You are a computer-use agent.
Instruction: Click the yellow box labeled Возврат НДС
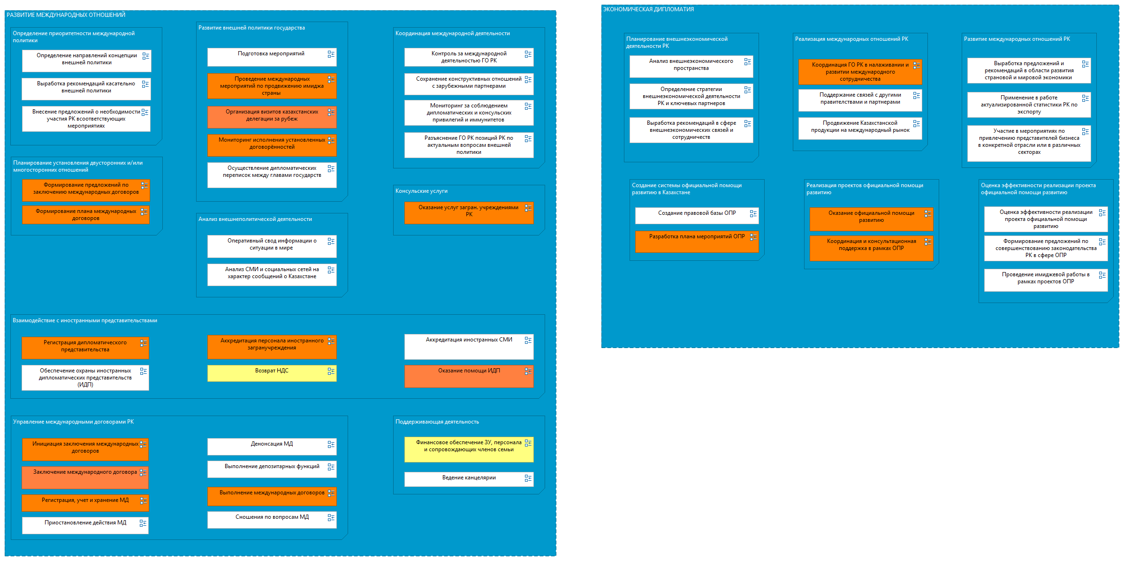pyautogui.click(x=272, y=373)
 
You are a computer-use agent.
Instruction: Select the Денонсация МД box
pyautogui.click(x=272, y=447)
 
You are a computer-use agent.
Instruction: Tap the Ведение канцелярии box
pyautogui.click(x=469, y=479)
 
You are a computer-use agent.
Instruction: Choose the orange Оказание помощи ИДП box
pyautogui.click(x=469, y=376)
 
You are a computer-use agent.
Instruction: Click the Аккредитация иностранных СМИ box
pyautogui.click(x=469, y=347)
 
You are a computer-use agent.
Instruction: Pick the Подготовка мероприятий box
pyautogui.click(x=272, y=57)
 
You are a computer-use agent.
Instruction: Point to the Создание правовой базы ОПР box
pyautogui.click(x=697, y=216)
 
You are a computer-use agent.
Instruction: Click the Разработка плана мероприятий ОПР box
pyautogui.click(x=697, y=242)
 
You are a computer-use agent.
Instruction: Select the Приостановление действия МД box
pyautogui.click(x=85, y=525)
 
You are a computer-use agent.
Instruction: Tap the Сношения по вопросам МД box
pyautogui.click(x=272, y=520)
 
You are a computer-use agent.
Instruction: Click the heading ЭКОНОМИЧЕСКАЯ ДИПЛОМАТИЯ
pyautogui.click(x=648, y=9)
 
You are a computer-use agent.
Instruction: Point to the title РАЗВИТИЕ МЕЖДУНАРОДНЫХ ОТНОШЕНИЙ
pyautogui.click(x=66, y=15)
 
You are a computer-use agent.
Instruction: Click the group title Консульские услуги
pyautogui.click(x=421, y=191)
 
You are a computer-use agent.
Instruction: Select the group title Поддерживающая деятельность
pyautogui.click(x=437, y=422)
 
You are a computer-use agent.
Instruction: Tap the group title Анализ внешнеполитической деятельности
pyautogui.click(x=255, y=219)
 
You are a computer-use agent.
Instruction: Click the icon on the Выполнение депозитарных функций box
pyautogui.click(x=331, y=467)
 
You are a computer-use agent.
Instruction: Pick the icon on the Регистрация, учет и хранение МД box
pyautogui.click(x=144, y=501)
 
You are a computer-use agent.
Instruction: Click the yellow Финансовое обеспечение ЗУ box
pyautogui.click(x=469, y=449)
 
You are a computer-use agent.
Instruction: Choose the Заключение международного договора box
pyautogui.click(x=85, y=478)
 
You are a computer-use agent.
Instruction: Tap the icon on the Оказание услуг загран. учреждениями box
pyautogui.click(x=528, y=208)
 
